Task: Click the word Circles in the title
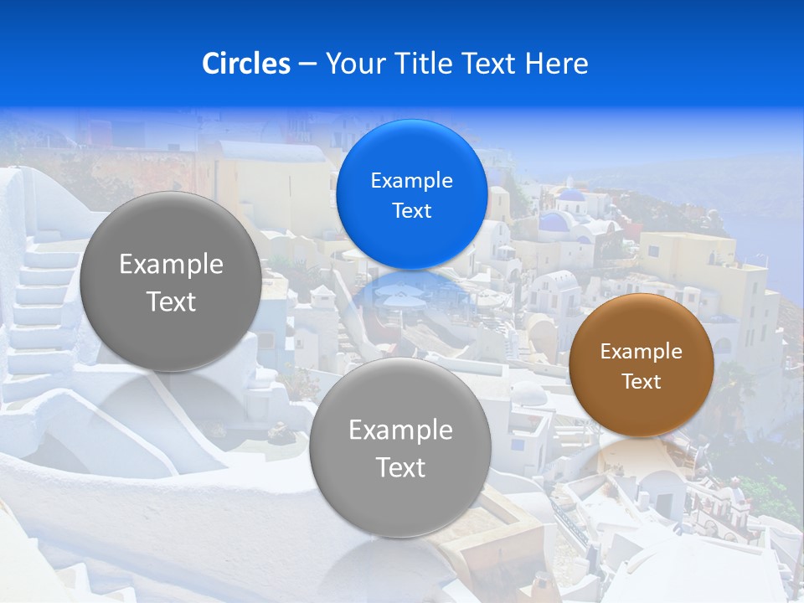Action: tap(245, 63)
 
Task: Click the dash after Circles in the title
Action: tap(307, 64)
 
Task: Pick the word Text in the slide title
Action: tap(488, 63)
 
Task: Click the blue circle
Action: tap(411, 194)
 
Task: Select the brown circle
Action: tap(641, 365)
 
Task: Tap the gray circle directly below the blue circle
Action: tap(399, 448)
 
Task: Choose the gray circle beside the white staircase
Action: tap(171, 282)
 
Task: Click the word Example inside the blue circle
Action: tap(411, 180)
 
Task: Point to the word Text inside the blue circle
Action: tap(411, 210)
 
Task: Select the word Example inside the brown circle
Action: tap(641, 352)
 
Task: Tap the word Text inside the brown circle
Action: tap(641, 382)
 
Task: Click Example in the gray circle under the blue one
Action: tap(399, 430)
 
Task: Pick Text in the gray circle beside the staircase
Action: tap(171, 301)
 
